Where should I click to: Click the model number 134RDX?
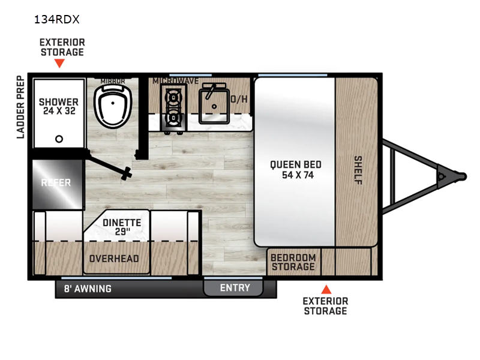(58, 19)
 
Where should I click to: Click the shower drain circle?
(59, 139)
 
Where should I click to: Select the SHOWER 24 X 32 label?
(59, 106)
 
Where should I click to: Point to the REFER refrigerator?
(55, 183)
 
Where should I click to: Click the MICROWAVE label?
(176, 80)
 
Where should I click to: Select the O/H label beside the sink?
(239, 99)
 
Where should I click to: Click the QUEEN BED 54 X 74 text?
(295, 169)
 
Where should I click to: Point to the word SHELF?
(358, 170)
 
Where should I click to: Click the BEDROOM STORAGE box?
(293, 262)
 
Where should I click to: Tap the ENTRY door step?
(234, 288)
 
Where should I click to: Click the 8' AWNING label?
(88, 289)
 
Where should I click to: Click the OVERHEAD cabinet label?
(114, 259)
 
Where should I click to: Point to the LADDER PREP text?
(20, 107)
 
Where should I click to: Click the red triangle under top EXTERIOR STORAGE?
(59, 63)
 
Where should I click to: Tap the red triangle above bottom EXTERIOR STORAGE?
(325, 289)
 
